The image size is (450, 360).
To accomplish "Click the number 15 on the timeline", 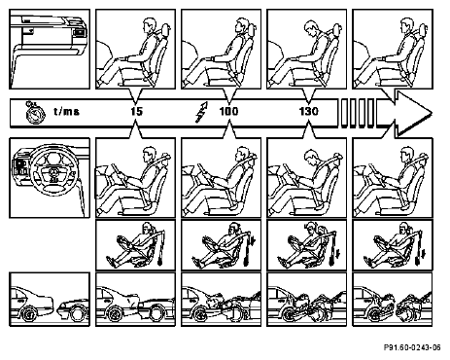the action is tap(136, 112).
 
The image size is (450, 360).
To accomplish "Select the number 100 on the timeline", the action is tap(228, 112).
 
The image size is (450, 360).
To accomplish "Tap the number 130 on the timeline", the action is tap(308, 112).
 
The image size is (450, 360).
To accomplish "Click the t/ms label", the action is tap(66, 112).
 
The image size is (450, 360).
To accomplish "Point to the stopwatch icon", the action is tap(35, 113).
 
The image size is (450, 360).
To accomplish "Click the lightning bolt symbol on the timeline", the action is tap(201, 112).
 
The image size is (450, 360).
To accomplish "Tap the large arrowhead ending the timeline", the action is tap(413, 113).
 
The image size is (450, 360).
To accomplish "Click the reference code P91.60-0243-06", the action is tap(412, 347).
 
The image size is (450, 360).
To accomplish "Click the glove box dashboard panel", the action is tap(50, 49).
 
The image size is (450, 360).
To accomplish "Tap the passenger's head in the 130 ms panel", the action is tap(312, 28).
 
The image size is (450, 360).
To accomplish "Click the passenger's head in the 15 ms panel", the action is tap(150, 26).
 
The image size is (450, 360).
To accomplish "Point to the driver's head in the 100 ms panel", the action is tap(242, 154).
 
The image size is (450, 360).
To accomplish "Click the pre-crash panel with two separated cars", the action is tap(50, 300).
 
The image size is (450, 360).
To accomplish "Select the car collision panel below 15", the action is tap(135, 300).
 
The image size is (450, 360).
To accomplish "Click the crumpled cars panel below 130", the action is tap(306, 300).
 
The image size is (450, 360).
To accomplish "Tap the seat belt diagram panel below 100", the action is tap(221, 245).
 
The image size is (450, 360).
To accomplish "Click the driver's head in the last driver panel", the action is tap(407, 155).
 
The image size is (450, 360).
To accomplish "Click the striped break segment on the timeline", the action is tap(358, 113).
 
